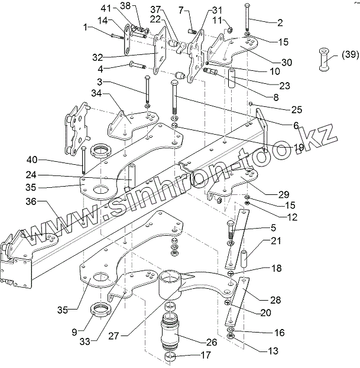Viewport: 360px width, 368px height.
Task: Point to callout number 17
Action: [x=206, y=356]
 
